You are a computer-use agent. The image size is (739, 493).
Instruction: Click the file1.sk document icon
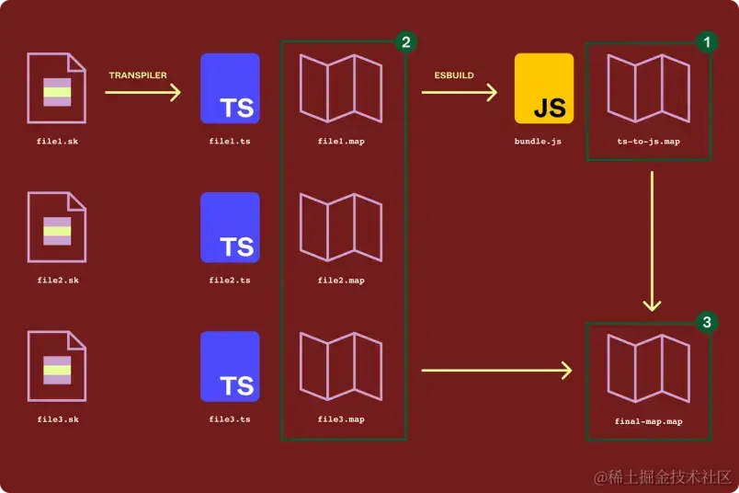click(x=56, y=88)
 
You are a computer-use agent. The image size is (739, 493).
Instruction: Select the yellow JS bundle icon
click(x=544, y=88)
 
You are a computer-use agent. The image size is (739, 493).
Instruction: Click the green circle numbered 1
click(x=706, y=42)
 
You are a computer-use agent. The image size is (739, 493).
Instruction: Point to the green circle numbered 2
click(x=404, y=42)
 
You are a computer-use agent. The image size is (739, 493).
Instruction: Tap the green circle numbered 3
click(x=706, y=322)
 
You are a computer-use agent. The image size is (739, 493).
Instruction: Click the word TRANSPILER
click(x=138, y=75)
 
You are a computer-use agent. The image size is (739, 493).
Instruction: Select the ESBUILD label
click(x=454, y=75)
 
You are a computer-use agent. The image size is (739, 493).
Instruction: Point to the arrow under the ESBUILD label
click(x=460, y=92)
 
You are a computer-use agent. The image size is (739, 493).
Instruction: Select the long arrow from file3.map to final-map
click(x=496, y=371)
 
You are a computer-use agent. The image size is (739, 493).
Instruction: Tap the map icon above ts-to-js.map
click(x=648, y=89)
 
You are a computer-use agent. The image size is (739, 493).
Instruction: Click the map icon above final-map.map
click(x=648, y=368)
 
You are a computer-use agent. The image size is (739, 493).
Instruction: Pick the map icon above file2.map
click(x=341, y=228)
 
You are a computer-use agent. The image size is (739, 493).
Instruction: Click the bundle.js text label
click(x=538, y=142)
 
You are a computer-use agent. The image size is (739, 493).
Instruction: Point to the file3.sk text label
click(x=56, y=419)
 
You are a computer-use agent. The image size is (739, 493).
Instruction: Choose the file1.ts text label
click(x=230, y=142)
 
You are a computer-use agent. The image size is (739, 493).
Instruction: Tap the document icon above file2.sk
click(x=56, y=228)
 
